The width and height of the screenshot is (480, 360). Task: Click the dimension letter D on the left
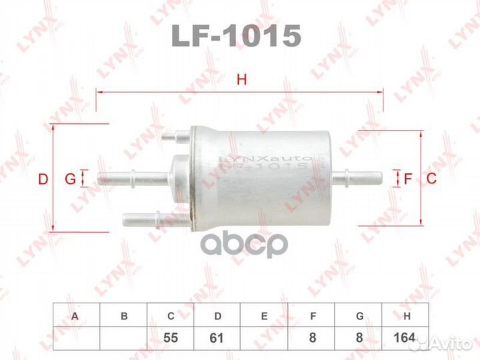coord(43,179)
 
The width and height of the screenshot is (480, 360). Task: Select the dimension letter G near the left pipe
coord(69,179)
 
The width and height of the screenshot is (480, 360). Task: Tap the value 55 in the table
coord(171,338)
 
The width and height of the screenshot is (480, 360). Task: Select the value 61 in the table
coord(217,338)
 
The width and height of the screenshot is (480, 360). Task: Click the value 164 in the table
coord(404,338)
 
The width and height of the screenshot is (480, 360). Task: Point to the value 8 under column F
coord(311,338)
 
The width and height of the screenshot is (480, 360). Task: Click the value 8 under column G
coord(358,338)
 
